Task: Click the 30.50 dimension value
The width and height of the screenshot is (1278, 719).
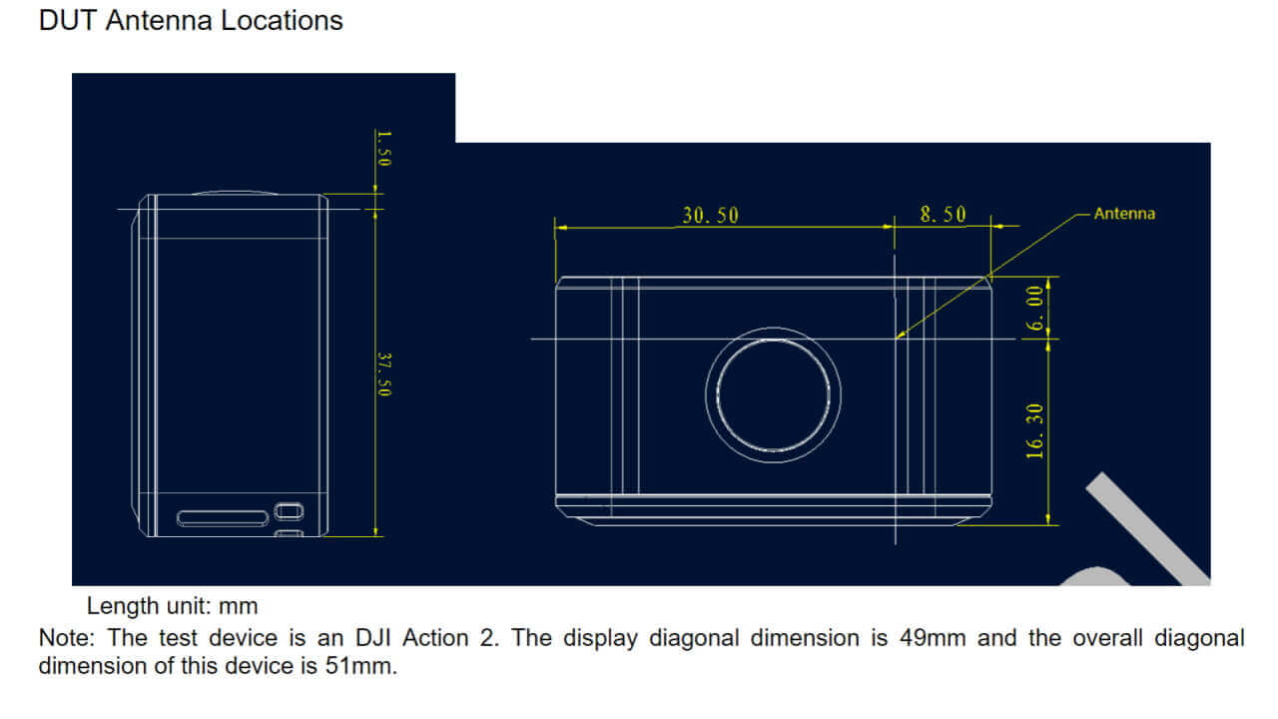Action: pos(710,215)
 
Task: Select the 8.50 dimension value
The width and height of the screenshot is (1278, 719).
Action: pos(943,215)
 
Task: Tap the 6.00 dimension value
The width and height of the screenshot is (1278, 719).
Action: pos(1035,308)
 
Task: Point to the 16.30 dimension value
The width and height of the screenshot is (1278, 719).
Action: pos(1035,430)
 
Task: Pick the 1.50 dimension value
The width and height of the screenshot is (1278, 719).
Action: pos(384,147)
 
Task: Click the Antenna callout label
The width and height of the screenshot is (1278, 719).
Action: pos(1124,213)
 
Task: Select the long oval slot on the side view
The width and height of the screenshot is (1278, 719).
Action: pos(223,517)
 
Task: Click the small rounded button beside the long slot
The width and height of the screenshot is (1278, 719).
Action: pos(289,510)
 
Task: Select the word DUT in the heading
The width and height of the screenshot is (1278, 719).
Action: pos(68,20)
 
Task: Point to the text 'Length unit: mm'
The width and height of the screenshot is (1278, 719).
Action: pos(172,605)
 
